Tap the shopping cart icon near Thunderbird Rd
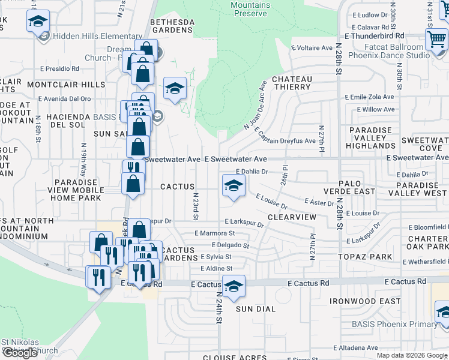[436, 40]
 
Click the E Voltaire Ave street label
[312, 47]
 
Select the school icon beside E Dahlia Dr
[234, 185]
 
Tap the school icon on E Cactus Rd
[234, 286]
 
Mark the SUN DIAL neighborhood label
[255, 309]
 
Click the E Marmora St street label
[214, 233]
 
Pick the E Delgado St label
[231, 245]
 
